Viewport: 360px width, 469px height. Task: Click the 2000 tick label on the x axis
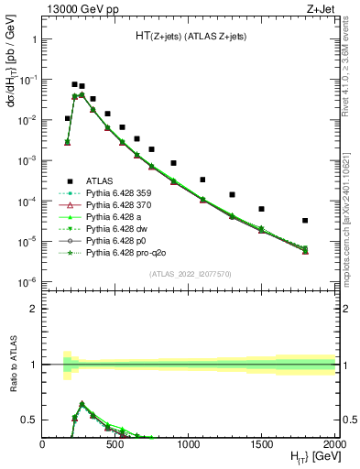click(334, 446)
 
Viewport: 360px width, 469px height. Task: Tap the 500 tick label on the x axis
click(115, 446)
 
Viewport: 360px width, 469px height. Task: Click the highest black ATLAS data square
click(75, 84)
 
